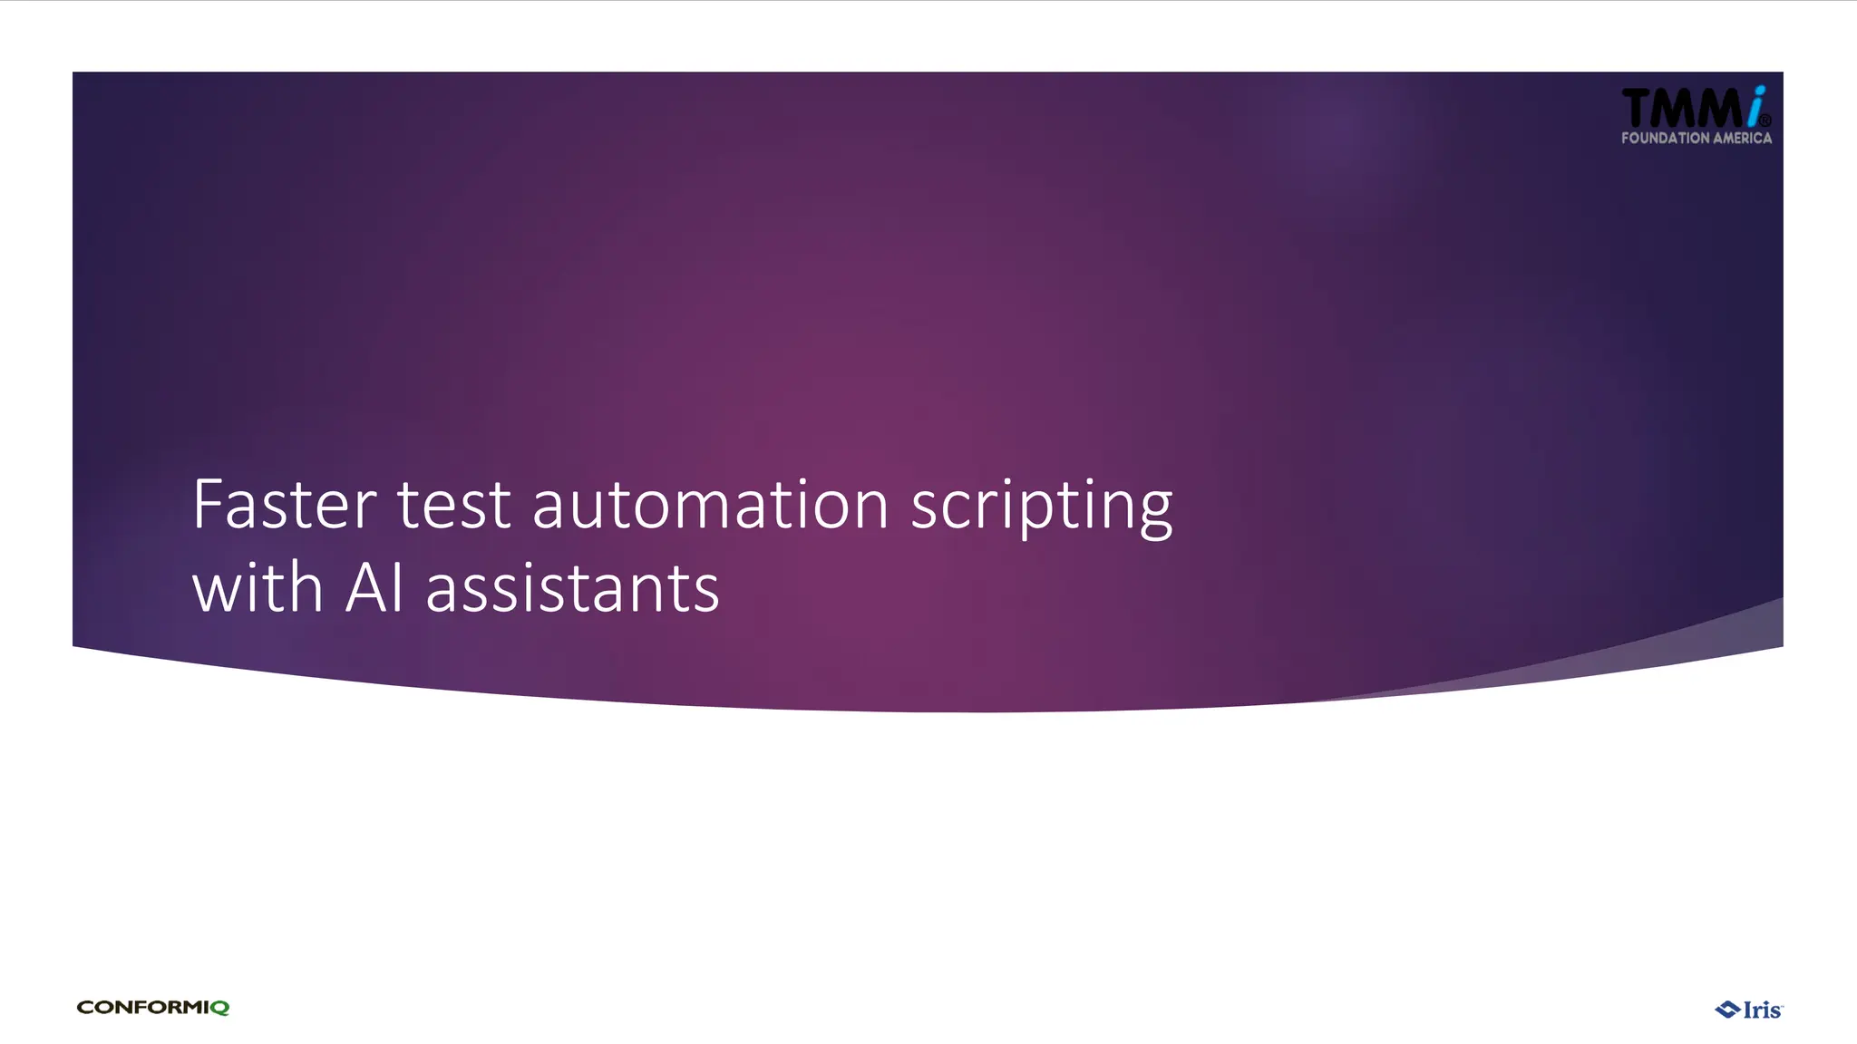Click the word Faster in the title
pyautogui.click(x=284, y=505)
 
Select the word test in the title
pyautogui.click(x=453, y=505)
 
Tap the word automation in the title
pyautogui.click(x=710, y=505)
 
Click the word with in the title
pyautogui.click(x=258, y=588)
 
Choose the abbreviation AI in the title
pyautogui.click(x=374, y=588)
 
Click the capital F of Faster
pyautogui.click(x=208, y=505)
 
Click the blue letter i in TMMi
pyautogui.click(x=1755, y=106)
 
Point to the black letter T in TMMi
pyautogui.click(x=1638, y=109)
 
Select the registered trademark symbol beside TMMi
pyautogui.click(x=1765, y=121)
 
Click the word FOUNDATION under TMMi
pyautogui.click(x=1665, y=139)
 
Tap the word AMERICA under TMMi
pyautogui.click(x=1742, y=139)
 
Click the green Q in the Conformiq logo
pyautogui.click(x=219, y=1008)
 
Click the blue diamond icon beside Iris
pyautogui.click(x=1726, y=1010)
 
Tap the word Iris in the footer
pyautogui.click(x=1760, y=1010)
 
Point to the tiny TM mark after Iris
pyautogui.click(x=1781, y=1004)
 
